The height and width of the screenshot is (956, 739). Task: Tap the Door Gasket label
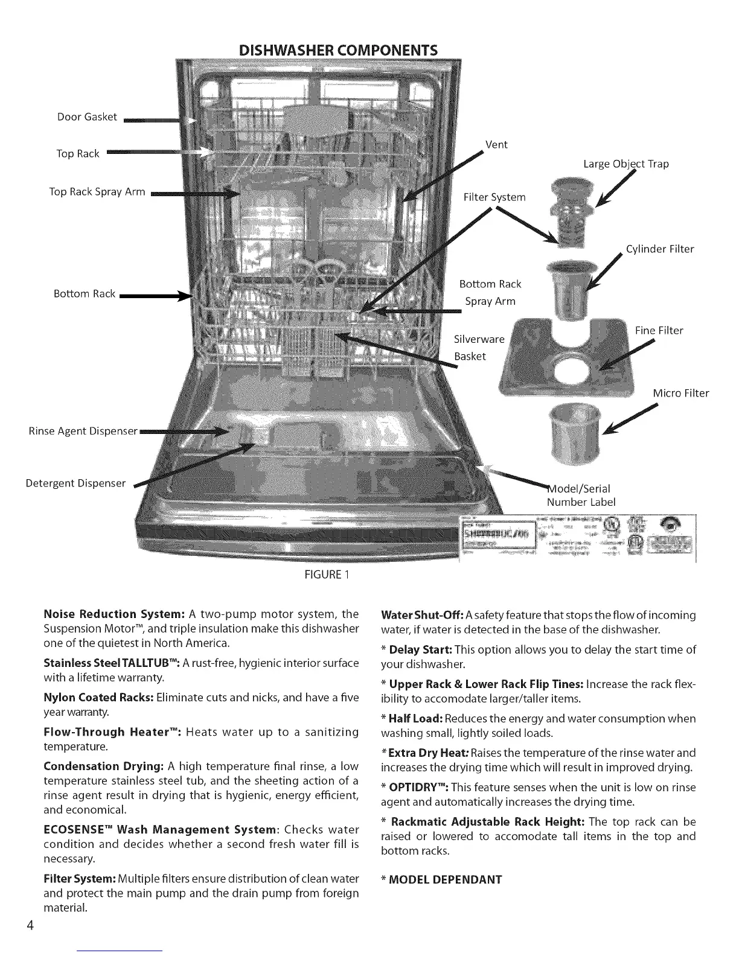pyautogui.click(x=87, y=117)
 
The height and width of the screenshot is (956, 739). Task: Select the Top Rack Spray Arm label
pyautogui.click(x=97, y=192)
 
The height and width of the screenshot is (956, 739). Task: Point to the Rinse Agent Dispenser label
pyautogui.click(x=83, y=432)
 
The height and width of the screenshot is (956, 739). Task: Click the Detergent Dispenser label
pyautogui.click(x=75, y=483)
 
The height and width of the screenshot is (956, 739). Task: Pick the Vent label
pyautogui.click(x=496, y=145)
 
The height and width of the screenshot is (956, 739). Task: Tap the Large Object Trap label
pyautogui.click(x=625, y=164)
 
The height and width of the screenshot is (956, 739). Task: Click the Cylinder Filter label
pyautogui.click(x=660, y=249)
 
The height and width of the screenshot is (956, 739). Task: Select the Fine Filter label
pyautogui.click(x=659, y=331)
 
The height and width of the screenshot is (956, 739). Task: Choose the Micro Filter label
pyautogui.click(x=680, y=394)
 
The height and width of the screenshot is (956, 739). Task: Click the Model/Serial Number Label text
pyautogui.click(x=580, y=496)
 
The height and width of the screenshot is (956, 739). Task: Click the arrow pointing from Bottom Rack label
pyautogui.click(x=154, y=296)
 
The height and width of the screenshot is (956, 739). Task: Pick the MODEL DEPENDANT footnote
pyautogui.click(x=441, y=879)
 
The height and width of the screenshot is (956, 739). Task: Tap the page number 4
pyautogui.click(x=29, y=926)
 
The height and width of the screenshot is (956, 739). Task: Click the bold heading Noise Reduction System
pyautogui.click(x=114, y=614)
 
